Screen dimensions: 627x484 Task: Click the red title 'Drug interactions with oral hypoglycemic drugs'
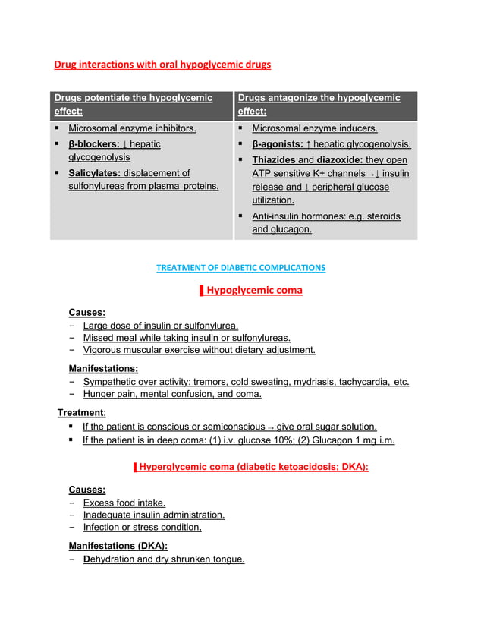pyautogui.click(x=162, y=65)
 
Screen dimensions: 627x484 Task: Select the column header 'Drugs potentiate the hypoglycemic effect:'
pyautogui.click(x=132, y=105)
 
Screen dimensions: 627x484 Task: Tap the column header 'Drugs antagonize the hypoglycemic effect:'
pyautogui.click(x=319, y=105)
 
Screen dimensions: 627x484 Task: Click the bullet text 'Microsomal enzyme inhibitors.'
pyautogui.click(x=132, y=129)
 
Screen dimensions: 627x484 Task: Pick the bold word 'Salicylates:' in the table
pyautogui.click(x=94, y=173)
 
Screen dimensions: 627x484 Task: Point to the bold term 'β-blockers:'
pyautogui.click(x=94, y=143)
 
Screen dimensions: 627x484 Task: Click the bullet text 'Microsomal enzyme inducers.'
pyautogui.click(x=314, y=129)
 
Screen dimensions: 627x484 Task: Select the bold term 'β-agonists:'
pyautogui.click(x=277, y=144)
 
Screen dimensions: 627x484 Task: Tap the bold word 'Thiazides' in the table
pyautogui.click(x=273, y=160)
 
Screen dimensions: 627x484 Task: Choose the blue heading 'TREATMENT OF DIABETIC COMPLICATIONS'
pyautogui.click(x=240, y=268)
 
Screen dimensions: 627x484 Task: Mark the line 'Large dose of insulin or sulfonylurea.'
pyautogui.click(x=161, y=326)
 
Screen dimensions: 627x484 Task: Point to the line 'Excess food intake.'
pyautogui.click(x=124, y=503)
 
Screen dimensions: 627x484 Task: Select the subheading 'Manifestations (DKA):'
pyautogui.click(x=118, y=546)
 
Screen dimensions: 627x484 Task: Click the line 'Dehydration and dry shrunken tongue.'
pyautogui.click(x=164, y=559)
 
